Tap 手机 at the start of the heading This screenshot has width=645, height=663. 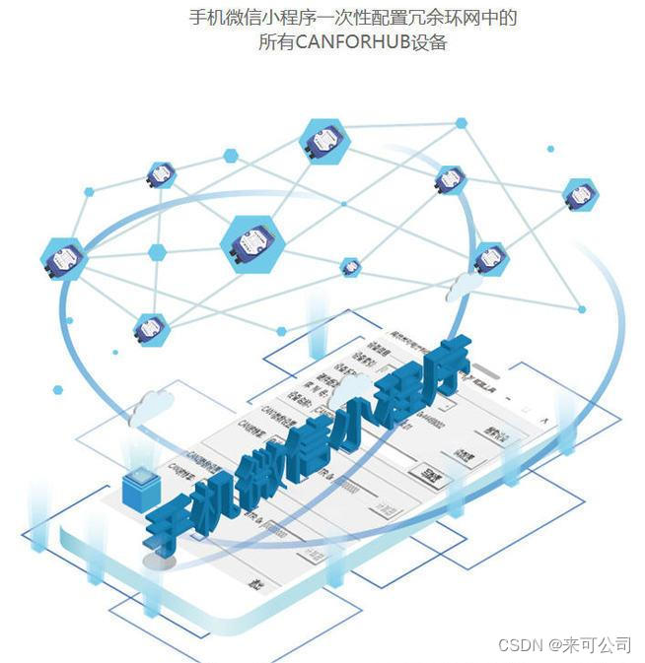(x=203, y=18)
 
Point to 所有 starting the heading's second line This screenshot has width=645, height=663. (x=274, y=42)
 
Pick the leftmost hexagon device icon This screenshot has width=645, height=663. (x=64, y=259)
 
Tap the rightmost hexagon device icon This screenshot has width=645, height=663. (x=580, y=195)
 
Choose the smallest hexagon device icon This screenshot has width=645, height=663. (x=350, y=267)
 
